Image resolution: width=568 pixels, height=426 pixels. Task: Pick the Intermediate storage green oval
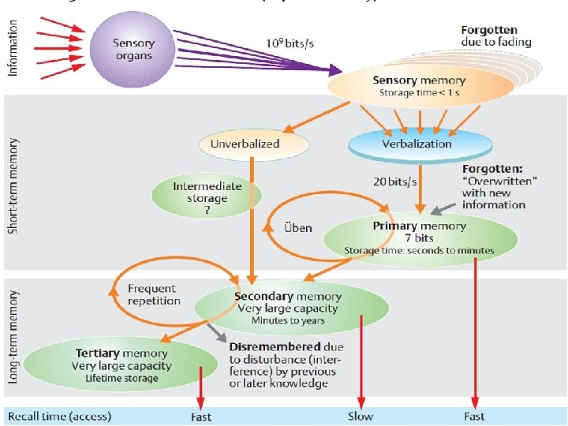(x=207, y=192)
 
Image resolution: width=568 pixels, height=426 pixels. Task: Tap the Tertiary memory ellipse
(x=120, y=364)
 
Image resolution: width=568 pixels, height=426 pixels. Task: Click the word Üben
(x=297, y=227)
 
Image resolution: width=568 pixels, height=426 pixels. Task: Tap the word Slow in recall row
(x=361, y=416)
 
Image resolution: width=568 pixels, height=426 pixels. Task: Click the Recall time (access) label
(x=60, y=416)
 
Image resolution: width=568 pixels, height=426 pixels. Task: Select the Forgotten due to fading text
(x=496, y=35)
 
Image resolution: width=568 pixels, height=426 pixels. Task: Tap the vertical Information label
(x=12, y=49)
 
